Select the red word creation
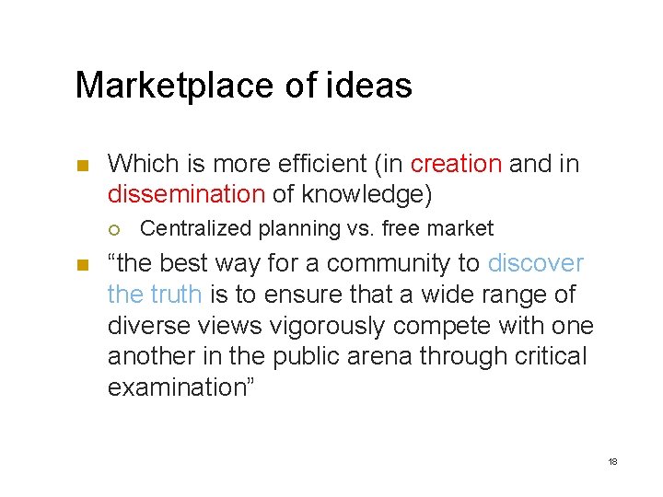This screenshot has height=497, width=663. point(456,165)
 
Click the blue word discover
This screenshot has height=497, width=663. point(535,264)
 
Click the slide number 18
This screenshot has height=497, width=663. point(612,460)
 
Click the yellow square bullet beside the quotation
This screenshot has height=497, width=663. point(80,265)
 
